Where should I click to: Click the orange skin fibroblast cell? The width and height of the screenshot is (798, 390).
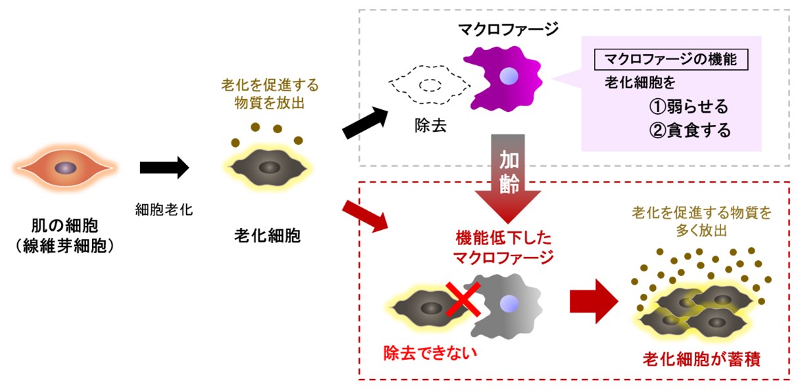64,168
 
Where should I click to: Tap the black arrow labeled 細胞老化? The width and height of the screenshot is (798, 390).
164,169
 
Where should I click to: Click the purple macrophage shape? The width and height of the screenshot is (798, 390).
505,78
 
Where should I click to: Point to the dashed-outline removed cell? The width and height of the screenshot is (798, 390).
429,85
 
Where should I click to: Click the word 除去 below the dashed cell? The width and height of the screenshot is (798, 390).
431,126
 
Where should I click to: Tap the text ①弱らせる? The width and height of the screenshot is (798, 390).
689,107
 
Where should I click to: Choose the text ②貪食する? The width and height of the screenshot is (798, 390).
689,130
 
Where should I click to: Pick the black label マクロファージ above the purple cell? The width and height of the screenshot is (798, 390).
508,29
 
